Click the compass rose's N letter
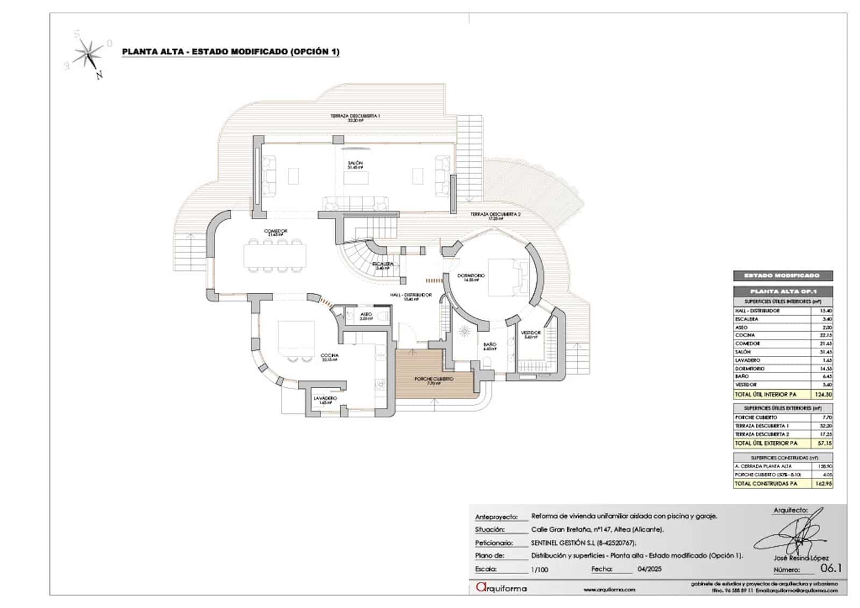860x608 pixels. (99, 76)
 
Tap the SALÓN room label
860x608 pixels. (355, 163)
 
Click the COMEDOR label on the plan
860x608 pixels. (275, 232)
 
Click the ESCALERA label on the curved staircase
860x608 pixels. (384, 264)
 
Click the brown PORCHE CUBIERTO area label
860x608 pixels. (434, 380)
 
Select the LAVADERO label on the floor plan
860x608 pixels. (325, 398)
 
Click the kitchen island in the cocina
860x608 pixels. (296, 335)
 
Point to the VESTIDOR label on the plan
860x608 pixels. (531, 333)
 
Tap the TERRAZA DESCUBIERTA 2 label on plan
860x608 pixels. (496, 214)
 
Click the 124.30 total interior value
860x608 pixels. (823, 395)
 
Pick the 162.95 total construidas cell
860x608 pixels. (823, 484)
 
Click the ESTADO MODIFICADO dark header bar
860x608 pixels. (783, 276)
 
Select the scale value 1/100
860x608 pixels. (540, 569)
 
